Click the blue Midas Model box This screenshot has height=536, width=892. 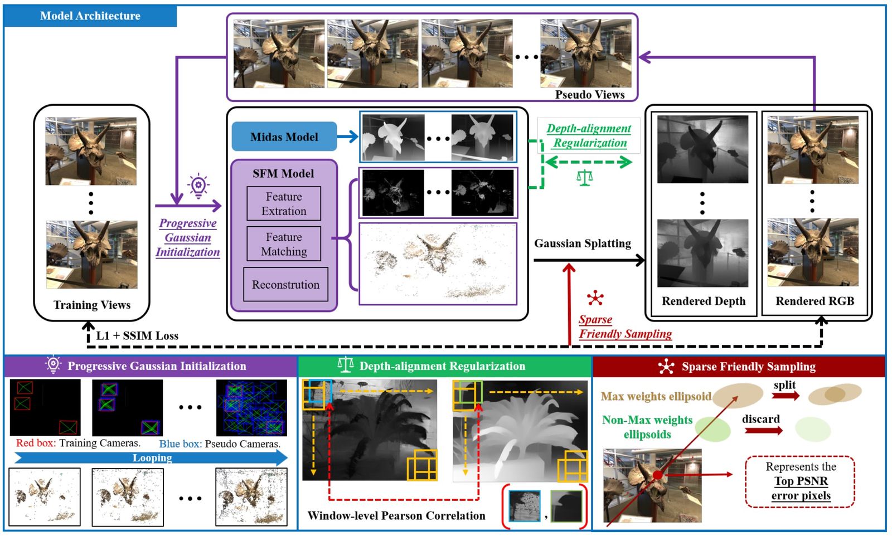tap(284, 137)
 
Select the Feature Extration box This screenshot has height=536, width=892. tap(284, 204)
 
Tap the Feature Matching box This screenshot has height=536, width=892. tap(284, 244)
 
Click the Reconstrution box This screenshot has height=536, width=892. tap(285, 285)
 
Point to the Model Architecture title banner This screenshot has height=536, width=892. tap(90, 16)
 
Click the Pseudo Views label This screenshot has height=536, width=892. tap(589, 95)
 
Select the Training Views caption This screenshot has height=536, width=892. tap(92, 305)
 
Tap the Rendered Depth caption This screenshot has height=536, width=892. tap(703, 301)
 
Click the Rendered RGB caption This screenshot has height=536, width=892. tap(815, 301)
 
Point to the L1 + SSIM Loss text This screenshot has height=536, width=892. tap(137, 335)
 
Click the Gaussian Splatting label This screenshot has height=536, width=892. tap(583, 243)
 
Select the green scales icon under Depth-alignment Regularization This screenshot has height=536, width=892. tap(584, 178)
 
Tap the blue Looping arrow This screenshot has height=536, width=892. tap(152, 458)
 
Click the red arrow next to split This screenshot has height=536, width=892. tap(786, 396)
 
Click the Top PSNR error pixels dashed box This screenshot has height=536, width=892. tap(800, 481)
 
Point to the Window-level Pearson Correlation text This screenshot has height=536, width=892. tap(396, 516)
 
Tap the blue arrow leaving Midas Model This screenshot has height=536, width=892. tap(347, 137)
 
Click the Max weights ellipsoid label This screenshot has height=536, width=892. tap(656, 396)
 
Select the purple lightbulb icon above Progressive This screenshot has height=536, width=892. tap(198, 186)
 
